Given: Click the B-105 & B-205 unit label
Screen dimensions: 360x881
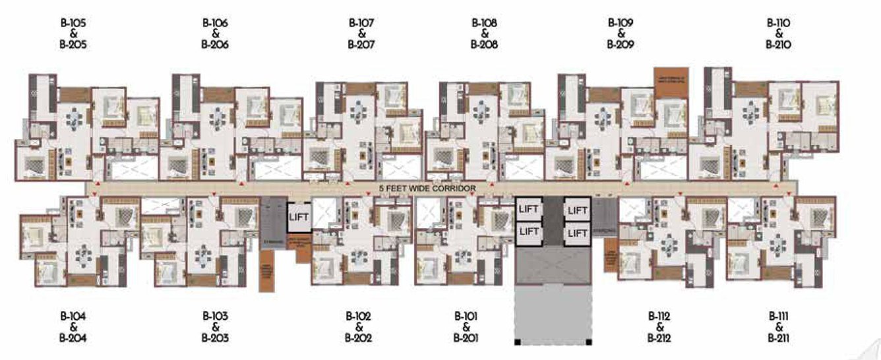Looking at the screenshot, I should click(73, 34).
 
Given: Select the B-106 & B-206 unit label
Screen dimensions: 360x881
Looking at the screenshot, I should click(216, 34).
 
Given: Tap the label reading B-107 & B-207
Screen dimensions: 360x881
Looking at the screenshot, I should click(361, 34).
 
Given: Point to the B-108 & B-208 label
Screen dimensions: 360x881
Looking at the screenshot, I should click(484, 34).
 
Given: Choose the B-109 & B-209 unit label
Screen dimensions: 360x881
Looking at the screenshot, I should click(621, 34).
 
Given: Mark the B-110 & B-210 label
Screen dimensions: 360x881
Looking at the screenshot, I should click(778, 34).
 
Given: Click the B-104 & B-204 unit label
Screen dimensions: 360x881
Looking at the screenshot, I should click(73, 327).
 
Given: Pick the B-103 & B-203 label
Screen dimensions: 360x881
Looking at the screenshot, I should click(216, 327).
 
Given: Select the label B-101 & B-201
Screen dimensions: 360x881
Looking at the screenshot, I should click(466, 327).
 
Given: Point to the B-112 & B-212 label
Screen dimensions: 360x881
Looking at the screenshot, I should click(659, 327).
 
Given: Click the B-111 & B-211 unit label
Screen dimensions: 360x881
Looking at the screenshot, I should click(778, 327).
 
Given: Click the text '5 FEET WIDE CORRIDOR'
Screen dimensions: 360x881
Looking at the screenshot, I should click(427, 189).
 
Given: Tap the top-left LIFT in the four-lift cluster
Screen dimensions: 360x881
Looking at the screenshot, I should click(529, 209).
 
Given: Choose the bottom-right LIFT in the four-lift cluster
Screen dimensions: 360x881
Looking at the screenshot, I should click(576, 233).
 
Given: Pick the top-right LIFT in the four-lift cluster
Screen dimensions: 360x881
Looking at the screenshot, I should click(576, 210).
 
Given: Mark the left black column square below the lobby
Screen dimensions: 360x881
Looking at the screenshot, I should click(518, 342).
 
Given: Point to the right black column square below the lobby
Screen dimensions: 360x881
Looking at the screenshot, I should click(589, 342).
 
